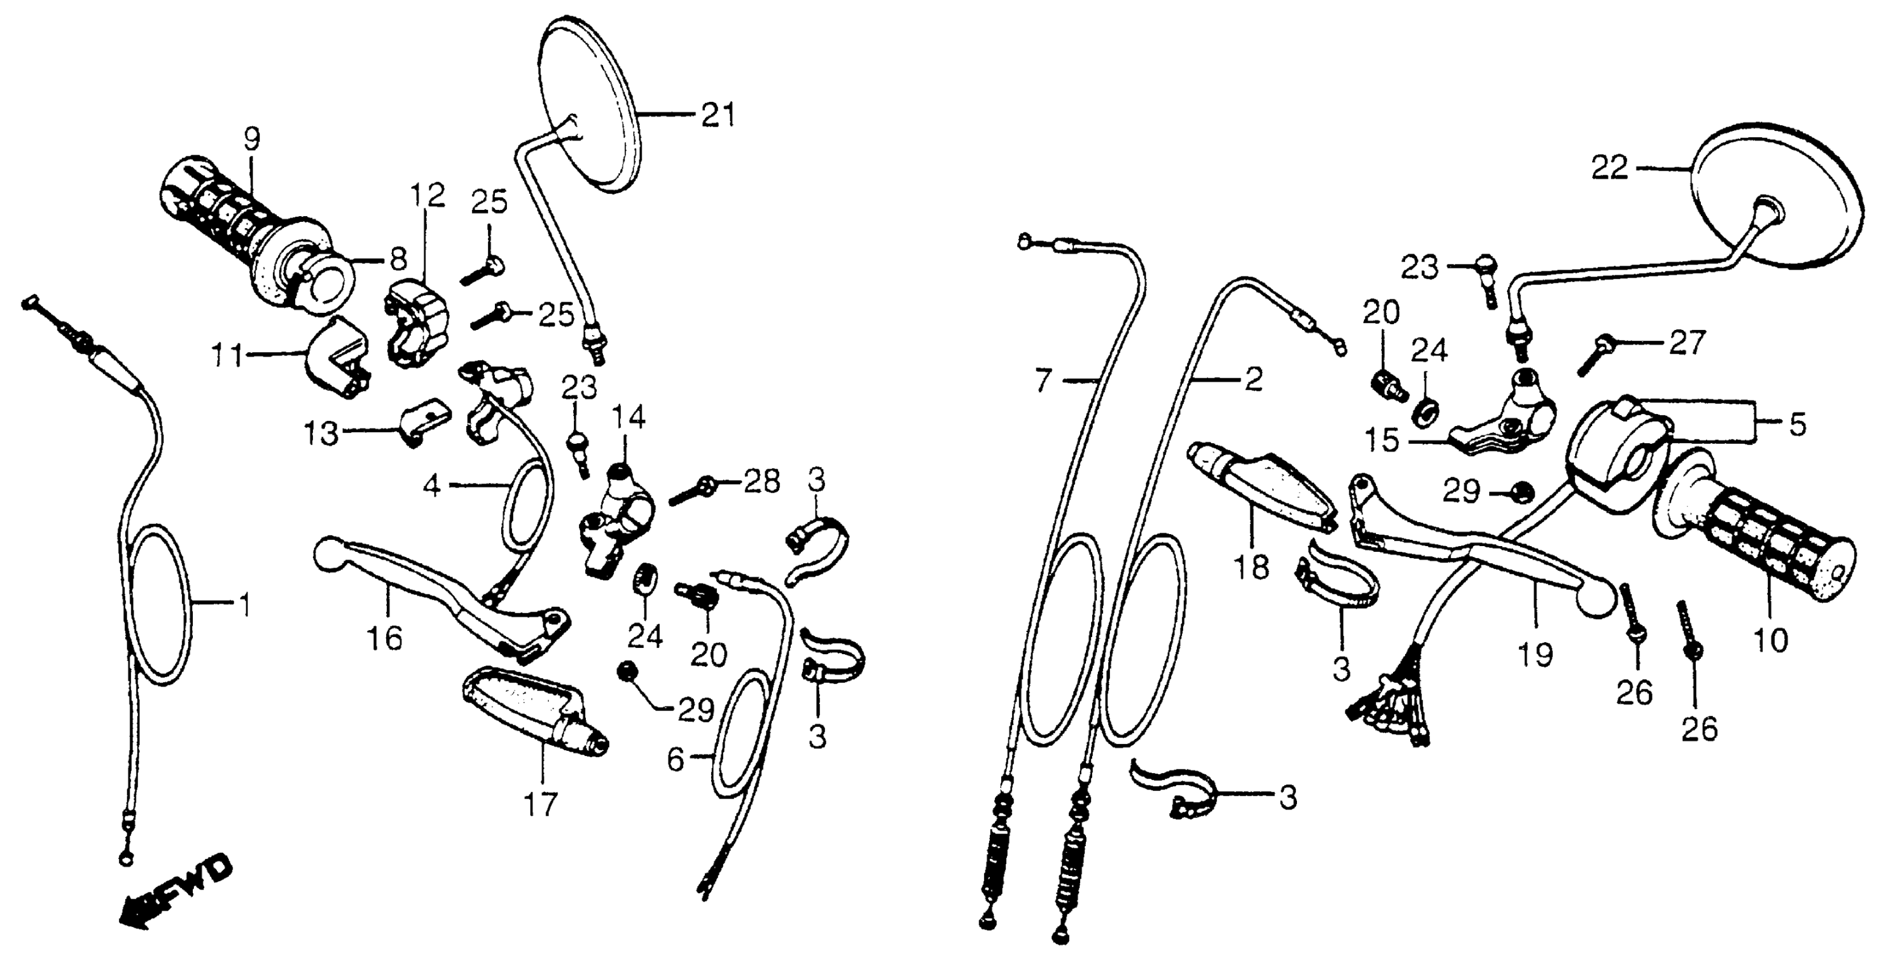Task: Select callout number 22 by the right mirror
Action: tap(1609, 168)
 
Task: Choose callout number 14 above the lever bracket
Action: tap(628, 419)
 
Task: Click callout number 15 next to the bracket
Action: tap(1382, 441)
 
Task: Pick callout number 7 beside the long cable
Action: tap(1044, 381)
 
